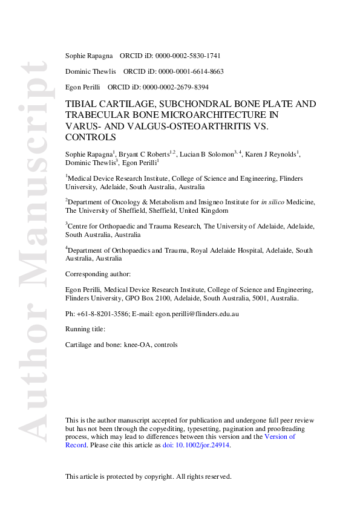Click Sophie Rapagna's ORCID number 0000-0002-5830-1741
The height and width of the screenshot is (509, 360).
(192, 56)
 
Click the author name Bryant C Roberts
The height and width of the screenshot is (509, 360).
(143, 155)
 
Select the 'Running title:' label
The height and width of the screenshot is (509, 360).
(85, 329)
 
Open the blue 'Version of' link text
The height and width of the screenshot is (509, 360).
(280, 436)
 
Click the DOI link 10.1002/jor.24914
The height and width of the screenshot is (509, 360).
(197, 445)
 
